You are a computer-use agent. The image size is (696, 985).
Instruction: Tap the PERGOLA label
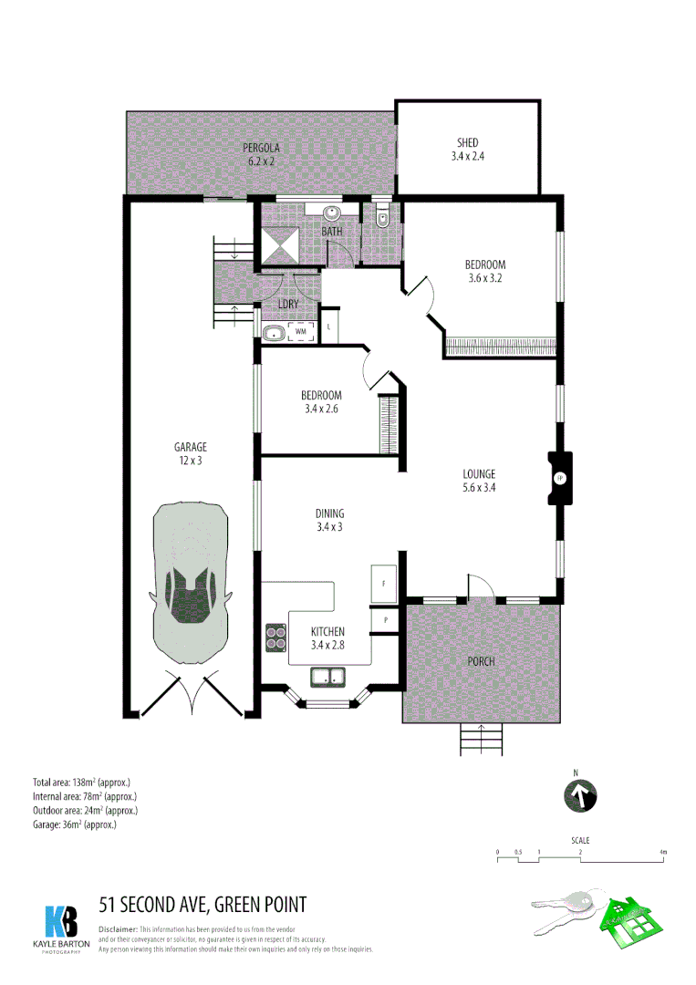261,154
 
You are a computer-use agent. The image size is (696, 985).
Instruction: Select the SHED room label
467,149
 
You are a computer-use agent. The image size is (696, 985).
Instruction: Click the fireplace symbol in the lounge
559,479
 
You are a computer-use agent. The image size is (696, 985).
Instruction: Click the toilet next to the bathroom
381,219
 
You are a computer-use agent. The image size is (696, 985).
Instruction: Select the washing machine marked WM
301,332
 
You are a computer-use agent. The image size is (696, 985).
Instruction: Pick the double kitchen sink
327,677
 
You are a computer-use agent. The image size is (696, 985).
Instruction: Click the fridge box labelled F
383,584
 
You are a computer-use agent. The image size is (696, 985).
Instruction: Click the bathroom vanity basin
332,214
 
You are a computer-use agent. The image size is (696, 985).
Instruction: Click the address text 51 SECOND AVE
203,905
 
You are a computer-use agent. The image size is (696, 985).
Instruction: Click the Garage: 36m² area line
75,824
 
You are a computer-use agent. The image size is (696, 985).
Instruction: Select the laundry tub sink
274,333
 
